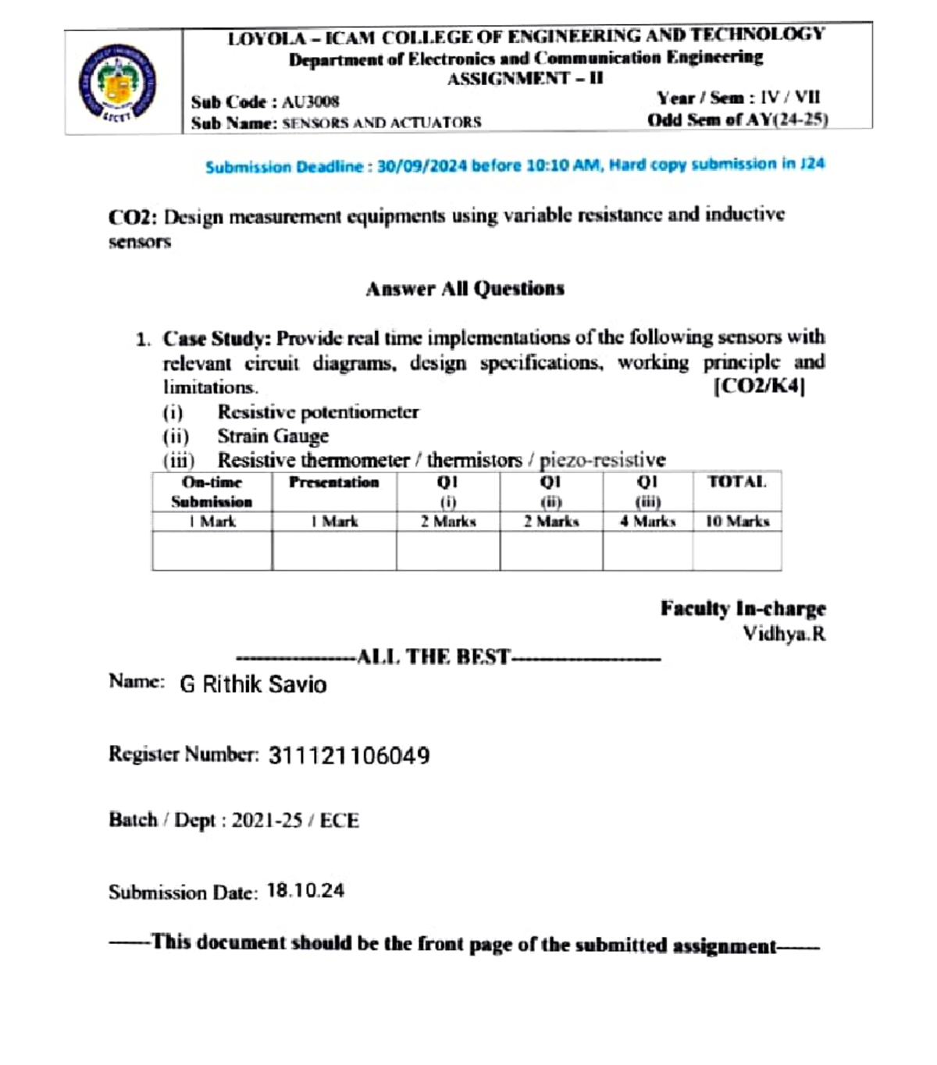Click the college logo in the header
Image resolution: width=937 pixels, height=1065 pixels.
point(117,83)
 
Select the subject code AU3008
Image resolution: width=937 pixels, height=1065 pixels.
point(310,102)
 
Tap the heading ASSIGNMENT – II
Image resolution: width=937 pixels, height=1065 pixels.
point(525,79)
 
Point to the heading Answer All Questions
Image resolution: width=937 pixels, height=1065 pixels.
point(465,289)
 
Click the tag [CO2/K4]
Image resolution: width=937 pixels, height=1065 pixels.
point(759,386)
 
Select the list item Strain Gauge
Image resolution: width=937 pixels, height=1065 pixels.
point(273,436)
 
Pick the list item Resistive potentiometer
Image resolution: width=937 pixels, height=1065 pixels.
point(318,411)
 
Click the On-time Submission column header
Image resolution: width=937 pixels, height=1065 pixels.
point(212,492)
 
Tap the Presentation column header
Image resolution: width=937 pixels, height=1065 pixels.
point(333,483)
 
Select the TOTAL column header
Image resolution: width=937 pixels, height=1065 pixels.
point(736,482)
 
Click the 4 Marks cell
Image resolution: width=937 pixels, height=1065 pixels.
point(647,521)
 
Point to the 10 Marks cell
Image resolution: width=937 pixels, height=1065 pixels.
point(737,521)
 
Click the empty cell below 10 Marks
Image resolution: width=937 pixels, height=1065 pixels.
point(737,551)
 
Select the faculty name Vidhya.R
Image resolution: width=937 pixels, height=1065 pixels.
point(783,633)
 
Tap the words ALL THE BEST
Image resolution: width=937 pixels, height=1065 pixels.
point(433,657)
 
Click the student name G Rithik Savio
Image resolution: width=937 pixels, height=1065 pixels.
point(253,684)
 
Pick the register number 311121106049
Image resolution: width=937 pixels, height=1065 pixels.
point(349,756)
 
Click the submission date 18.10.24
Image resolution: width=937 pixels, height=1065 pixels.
point(305,891)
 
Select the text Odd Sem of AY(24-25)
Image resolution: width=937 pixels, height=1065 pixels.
point(737,119)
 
